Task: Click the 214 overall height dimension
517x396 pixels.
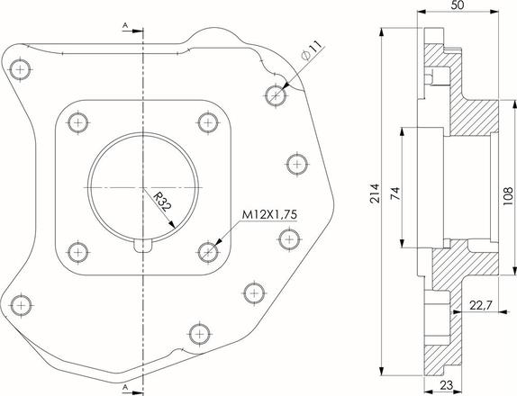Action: [x=375, y=193]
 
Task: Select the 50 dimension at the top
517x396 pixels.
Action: [x=458, y=4]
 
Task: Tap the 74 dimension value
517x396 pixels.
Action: [x=395, y=193]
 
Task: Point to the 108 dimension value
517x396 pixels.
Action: [x=508, y=196]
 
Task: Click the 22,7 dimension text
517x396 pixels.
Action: [x=481, y=306]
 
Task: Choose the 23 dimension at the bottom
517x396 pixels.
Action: [x=447, y=385]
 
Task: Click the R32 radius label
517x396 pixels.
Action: [x=162, y=202]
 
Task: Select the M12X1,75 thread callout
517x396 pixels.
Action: [x=269, y=215]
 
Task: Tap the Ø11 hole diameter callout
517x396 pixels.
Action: [x=312, y=50]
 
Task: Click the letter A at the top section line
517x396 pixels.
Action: [x=125, y=25]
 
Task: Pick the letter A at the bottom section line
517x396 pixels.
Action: [x=125, y=388]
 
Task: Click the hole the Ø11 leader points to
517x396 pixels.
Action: [x=276, y=95]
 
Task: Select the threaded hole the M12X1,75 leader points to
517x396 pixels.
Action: [x=208, y=252]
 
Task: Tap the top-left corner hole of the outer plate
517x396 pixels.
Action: [x=20, y=70]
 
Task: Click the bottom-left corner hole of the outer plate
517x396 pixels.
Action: [x=21, y=305]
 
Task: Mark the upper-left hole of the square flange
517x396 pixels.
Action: [x=77, y=123]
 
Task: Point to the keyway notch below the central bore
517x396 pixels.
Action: [x=143, y=245]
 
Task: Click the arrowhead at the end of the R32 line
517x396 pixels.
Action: [x=171, y=224]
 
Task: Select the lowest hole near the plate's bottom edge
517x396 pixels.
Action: [x=199, y=334]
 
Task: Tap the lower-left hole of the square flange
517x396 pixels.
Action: [x=77, y=253]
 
